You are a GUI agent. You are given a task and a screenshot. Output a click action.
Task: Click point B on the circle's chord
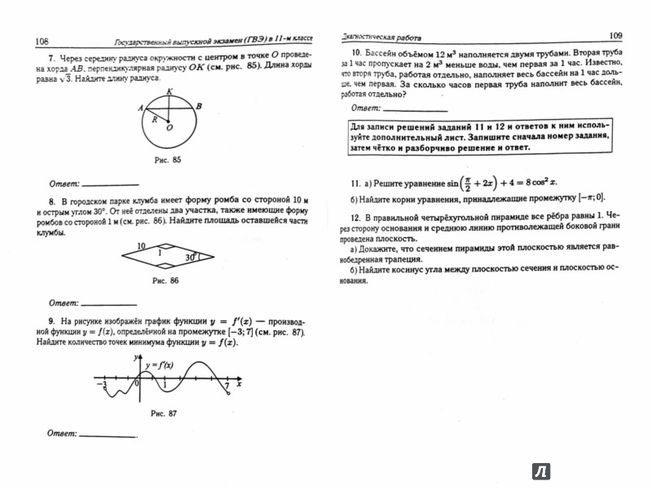tap(200, 107)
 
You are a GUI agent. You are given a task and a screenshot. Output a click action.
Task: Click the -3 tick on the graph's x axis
tap(101, 382)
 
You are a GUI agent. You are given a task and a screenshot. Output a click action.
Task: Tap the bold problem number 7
tap(51, 59)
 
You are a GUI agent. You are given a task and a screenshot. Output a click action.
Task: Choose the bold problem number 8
tap(51, 198)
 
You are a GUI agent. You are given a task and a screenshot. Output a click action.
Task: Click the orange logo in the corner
tap(540, 471)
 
